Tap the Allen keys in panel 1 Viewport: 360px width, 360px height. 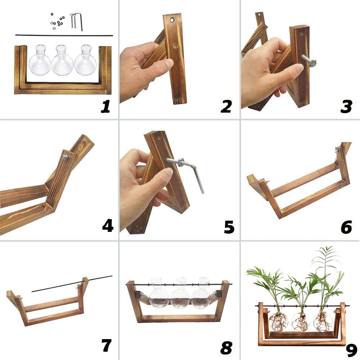point(76,21)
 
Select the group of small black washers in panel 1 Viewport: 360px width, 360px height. point(57,21)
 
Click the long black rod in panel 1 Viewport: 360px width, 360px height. point(64,35)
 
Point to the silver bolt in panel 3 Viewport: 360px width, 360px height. point(309,60)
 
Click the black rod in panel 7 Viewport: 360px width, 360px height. point(72,284)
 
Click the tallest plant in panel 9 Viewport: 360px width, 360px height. point(326,274)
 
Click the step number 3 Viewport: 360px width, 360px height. point(346,107)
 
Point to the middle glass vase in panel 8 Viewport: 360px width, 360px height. point(180,293)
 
